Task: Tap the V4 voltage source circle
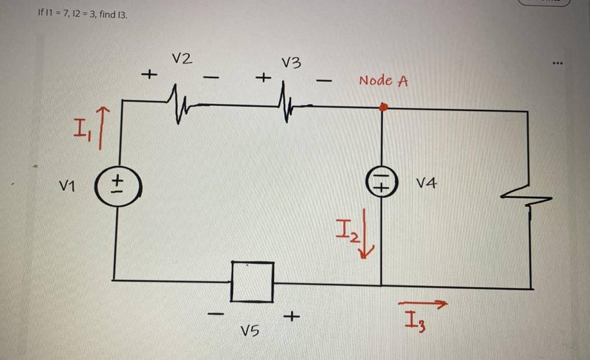point(381,183)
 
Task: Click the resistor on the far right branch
point(526,196)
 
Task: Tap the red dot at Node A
point(382,107)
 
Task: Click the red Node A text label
point(383,81)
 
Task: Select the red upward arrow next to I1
point(101,130)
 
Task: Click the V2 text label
point(182,58)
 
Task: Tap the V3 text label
point(291,63)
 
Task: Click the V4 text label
point(427,183)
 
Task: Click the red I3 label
point(413,323)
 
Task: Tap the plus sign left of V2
point(149,73)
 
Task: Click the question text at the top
point(82,13)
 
